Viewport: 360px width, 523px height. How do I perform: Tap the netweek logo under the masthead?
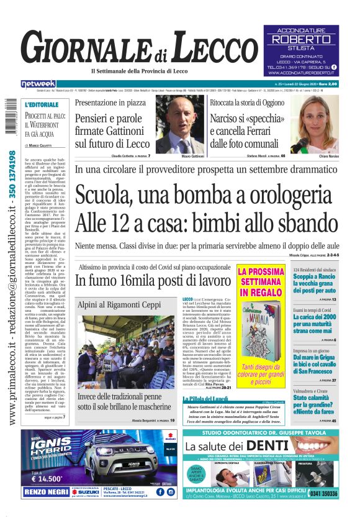tap(39, 83)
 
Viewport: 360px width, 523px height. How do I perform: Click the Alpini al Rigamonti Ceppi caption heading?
tap(117, 305)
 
